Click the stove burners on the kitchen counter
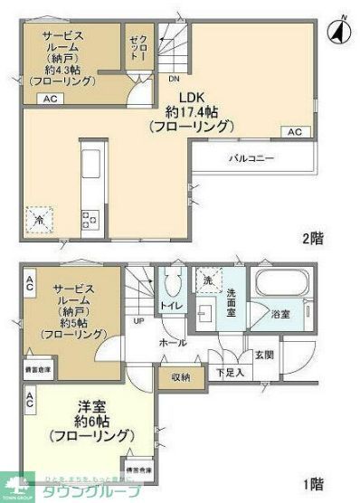coord(91,217)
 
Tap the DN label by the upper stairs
coord(173,78)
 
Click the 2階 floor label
coord(313,239)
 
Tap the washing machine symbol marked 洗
coord(208,281)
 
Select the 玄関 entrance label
coord(263,356)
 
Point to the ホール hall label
coord(172,344)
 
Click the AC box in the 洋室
coord(30,397)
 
